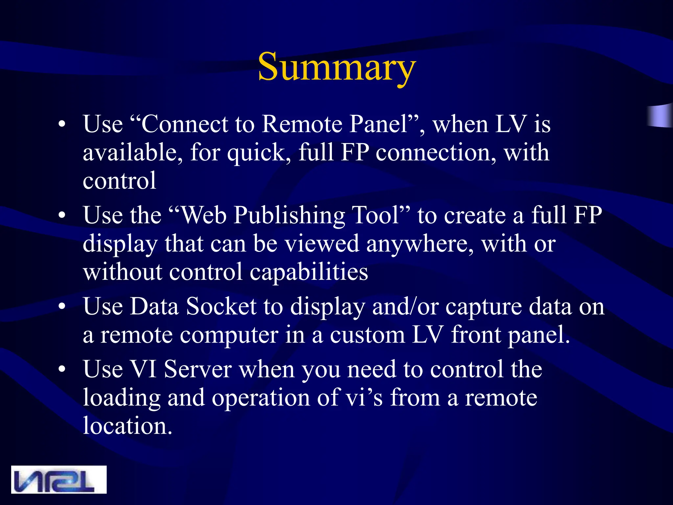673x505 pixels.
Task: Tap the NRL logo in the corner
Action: pos(59,479)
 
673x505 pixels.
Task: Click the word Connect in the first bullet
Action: pos(185,124)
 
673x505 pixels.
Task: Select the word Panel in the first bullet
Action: pos(378,124)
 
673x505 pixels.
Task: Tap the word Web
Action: pos(204,215)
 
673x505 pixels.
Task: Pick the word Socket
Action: pos(221,306)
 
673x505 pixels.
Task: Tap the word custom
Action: pos(367,335)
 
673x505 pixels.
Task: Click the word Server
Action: pos(198,369)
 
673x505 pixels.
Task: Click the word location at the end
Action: pos(127,426)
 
